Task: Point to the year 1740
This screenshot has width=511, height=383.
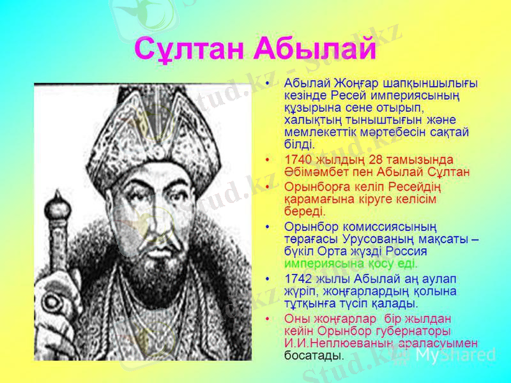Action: coord(299,159)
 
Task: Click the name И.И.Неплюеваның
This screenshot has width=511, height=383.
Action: coord(331,343)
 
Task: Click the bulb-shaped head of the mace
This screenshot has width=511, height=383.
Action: coord(59,209)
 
